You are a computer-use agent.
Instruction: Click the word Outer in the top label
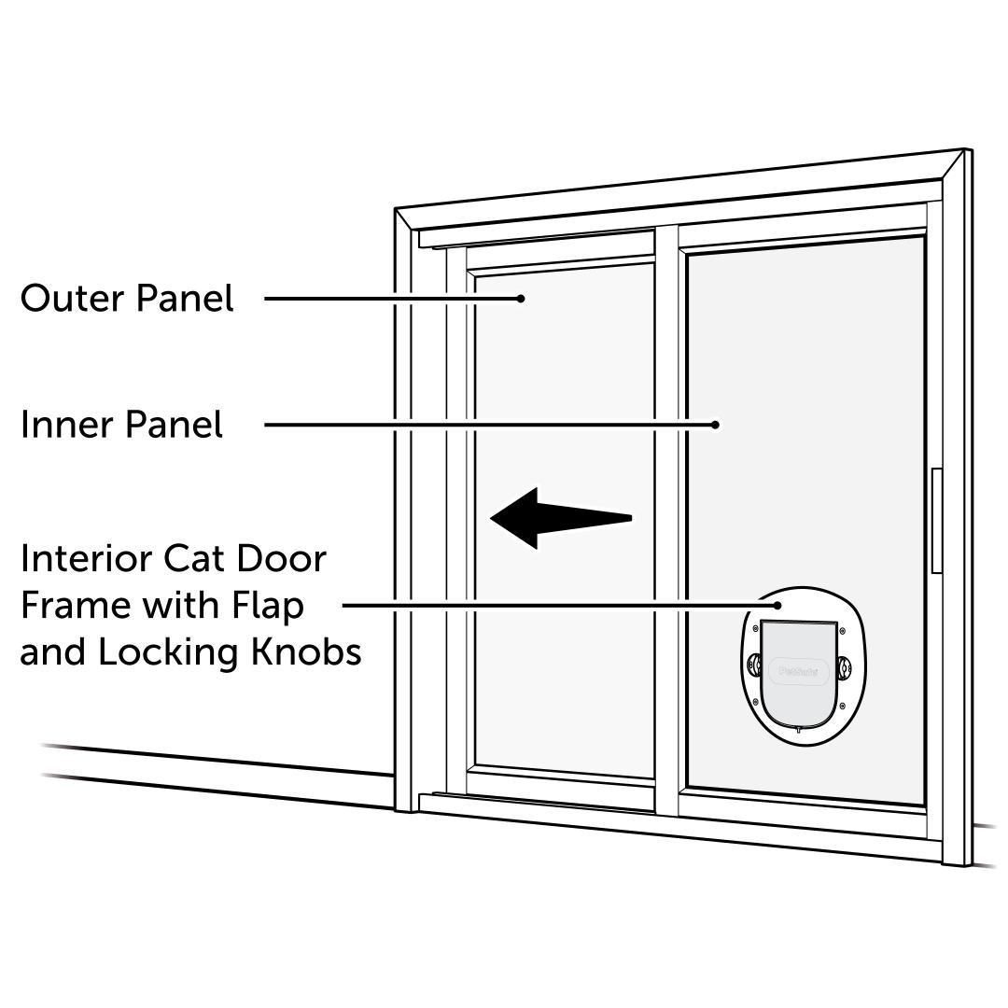pos(73,299)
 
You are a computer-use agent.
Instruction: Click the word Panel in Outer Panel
pos(185,299)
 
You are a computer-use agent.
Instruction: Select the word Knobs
pos(307,652)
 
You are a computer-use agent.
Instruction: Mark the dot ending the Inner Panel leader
pos(715,425)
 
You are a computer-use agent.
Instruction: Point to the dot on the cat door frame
pos(782,605)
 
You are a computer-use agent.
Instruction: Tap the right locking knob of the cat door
pos(846,666)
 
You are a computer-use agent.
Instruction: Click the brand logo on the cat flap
pos(797,669)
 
